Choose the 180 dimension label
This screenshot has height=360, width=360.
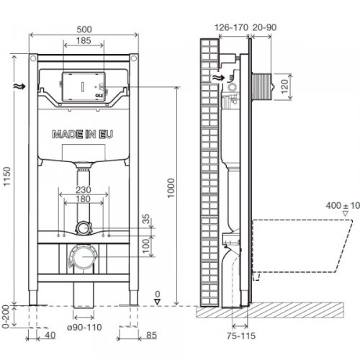point(85,200)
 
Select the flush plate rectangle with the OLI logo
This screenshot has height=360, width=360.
point(85,86)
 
